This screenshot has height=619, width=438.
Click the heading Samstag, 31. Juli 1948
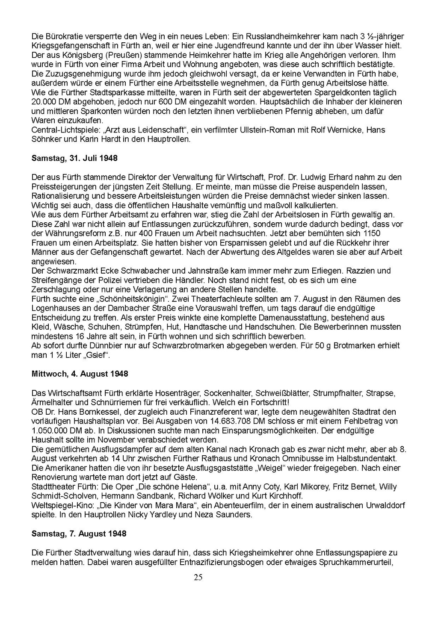point(74,158)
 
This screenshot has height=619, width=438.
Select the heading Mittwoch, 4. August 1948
point(80,374)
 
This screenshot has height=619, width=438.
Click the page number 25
point(198,578)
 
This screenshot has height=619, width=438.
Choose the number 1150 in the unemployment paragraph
point(371,233)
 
